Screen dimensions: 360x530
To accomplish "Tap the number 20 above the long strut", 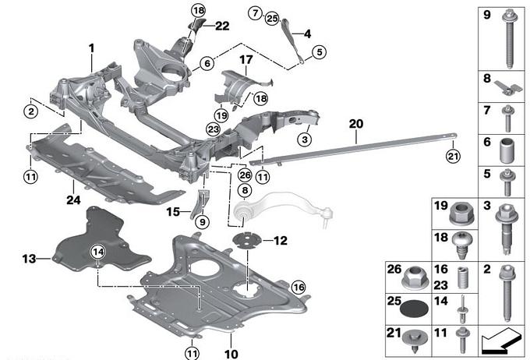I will pos(356,124).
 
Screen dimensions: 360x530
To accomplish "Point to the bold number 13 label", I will pos(29,257).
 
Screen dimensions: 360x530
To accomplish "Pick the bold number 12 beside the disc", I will pos(281,240).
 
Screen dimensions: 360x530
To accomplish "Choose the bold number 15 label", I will pos(173,210).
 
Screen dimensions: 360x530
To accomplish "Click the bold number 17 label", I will pos(246,59).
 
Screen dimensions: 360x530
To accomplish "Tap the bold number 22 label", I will pos(222,26).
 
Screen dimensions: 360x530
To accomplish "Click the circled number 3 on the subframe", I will pos(304,139).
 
